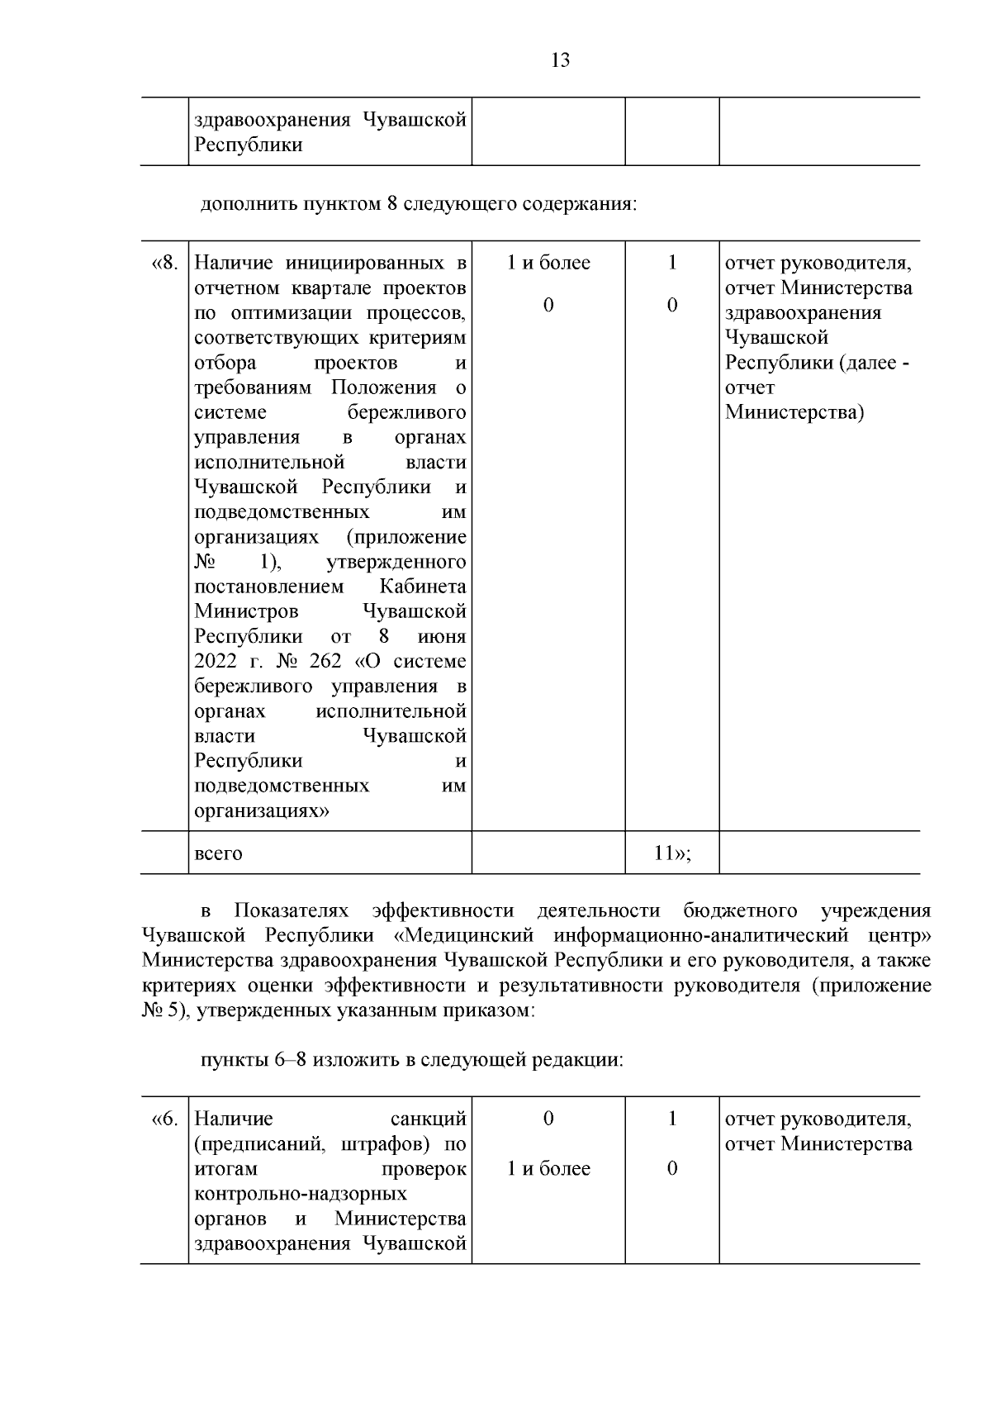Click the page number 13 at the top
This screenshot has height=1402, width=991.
560,60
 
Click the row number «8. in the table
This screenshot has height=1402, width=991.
165,264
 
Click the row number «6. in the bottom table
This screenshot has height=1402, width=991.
165,1119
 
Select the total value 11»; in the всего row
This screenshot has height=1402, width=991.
672,853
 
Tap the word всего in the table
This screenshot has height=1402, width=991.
219,853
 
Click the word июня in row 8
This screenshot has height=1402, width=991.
442,637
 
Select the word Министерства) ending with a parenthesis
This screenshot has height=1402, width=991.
794,412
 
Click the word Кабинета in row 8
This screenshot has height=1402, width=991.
423,587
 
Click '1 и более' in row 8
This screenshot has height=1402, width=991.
548,264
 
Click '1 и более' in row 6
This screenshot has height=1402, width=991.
548,1169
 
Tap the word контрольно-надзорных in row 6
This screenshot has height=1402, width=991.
301,1194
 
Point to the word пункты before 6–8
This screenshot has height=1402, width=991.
236,1060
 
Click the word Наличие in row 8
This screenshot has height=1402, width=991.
234,264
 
